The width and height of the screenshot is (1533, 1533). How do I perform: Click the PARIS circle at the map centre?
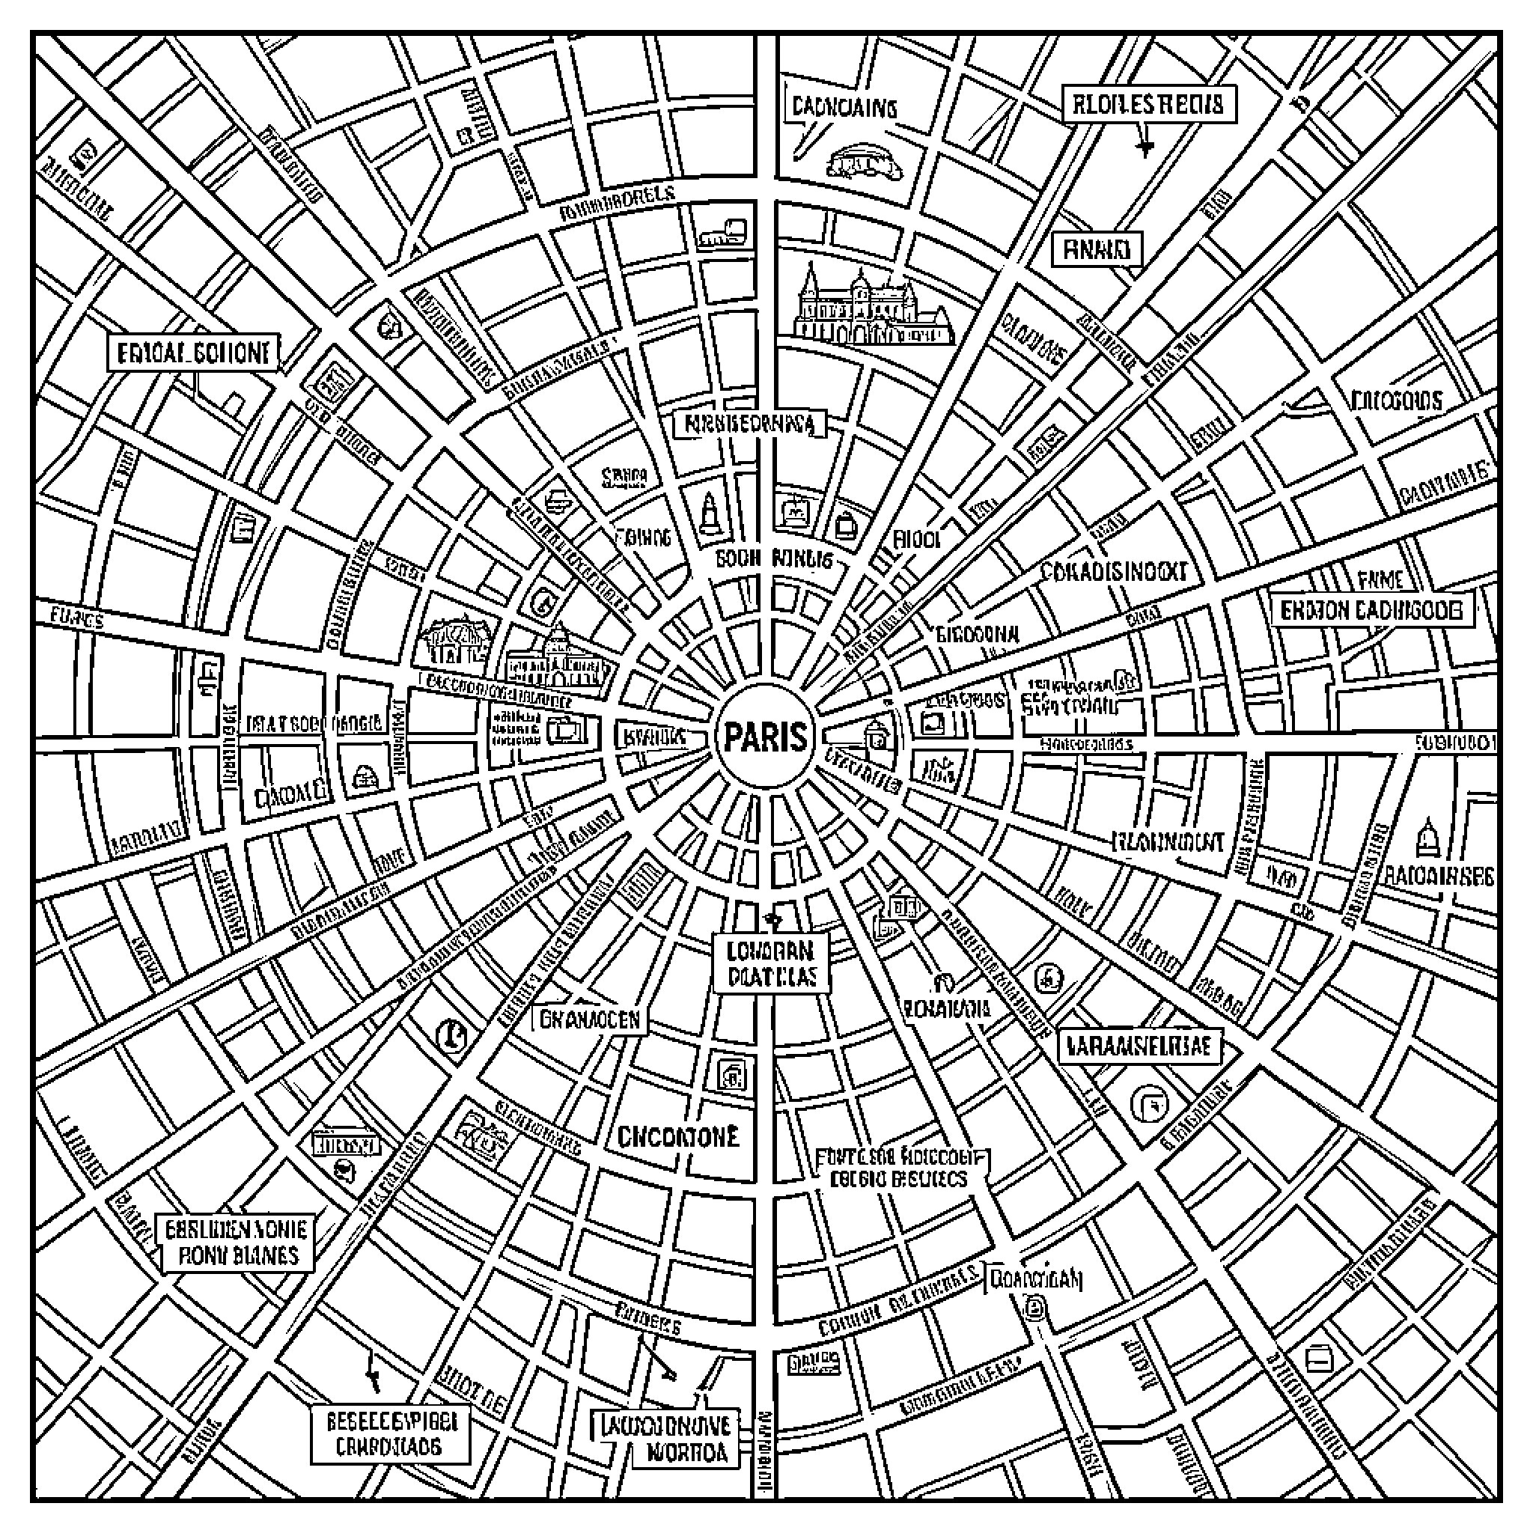click(766, 738)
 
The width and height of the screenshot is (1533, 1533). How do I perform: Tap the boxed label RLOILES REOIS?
click(1148, 105)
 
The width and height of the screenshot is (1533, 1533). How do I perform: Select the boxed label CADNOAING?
click(844, 107)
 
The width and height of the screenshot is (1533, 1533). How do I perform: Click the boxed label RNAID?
click(1097, 251)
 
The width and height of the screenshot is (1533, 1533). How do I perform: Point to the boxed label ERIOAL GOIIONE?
click(194, 353)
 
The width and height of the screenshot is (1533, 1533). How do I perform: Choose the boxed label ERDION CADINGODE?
click(1372, 610)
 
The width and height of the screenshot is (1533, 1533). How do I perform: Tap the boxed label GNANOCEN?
click(590, 1020)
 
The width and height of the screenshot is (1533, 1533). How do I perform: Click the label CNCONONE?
click(677, 1136)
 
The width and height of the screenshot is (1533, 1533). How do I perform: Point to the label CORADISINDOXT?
click(1113, 571)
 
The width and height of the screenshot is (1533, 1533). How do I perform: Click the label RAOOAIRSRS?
click(1439, 876)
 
